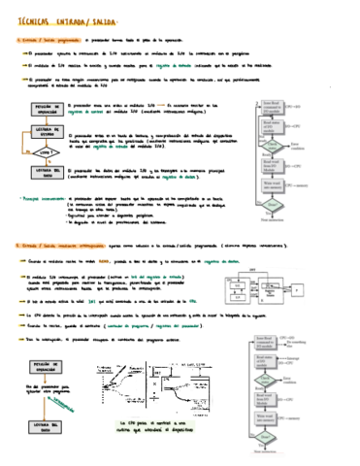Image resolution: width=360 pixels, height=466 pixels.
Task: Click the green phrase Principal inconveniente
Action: (x=41, y=194)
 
